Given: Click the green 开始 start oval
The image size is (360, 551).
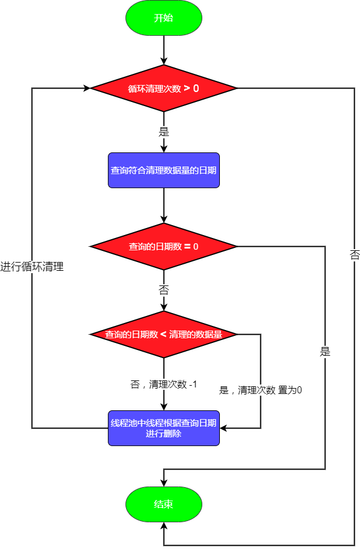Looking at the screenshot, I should [x=164, y=18].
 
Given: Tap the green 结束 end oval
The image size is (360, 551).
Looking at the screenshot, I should [x=164, y=504].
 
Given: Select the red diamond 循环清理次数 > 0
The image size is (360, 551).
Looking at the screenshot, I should [x=164, y=89].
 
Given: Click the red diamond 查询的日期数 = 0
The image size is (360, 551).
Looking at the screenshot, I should [x=164, y=247].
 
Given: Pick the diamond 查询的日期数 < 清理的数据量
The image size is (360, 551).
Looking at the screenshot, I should [x=164, y=335].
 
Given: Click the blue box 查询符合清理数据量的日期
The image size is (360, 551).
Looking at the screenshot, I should [x=164, y=171].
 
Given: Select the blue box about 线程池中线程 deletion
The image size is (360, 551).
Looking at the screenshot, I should [x=164, y=428].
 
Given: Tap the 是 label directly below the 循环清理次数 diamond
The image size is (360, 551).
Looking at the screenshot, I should [x=164, y=132].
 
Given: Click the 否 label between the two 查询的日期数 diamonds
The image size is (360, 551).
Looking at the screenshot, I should [x=164, y=290].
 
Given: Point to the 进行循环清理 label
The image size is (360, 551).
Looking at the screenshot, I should [x=32, y=267].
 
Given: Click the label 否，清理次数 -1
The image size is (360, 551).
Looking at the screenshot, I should [x=164, y=385].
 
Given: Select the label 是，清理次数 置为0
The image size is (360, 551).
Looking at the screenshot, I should [x=260, y=390].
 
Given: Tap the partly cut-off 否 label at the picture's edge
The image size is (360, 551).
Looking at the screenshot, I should [x=355, y=255].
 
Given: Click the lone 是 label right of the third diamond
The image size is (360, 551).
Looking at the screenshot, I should [x=325, y=352].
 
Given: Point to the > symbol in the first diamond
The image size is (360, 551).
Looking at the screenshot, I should [x=186, y=89].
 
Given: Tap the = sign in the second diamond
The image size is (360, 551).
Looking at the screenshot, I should [x=187, y=247].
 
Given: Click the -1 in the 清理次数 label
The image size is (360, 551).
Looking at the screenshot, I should [x=193, y=385].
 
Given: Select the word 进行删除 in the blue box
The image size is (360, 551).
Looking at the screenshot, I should [x=164, y=434].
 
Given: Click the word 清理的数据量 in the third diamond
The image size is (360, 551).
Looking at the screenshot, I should [x=196, y=335].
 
